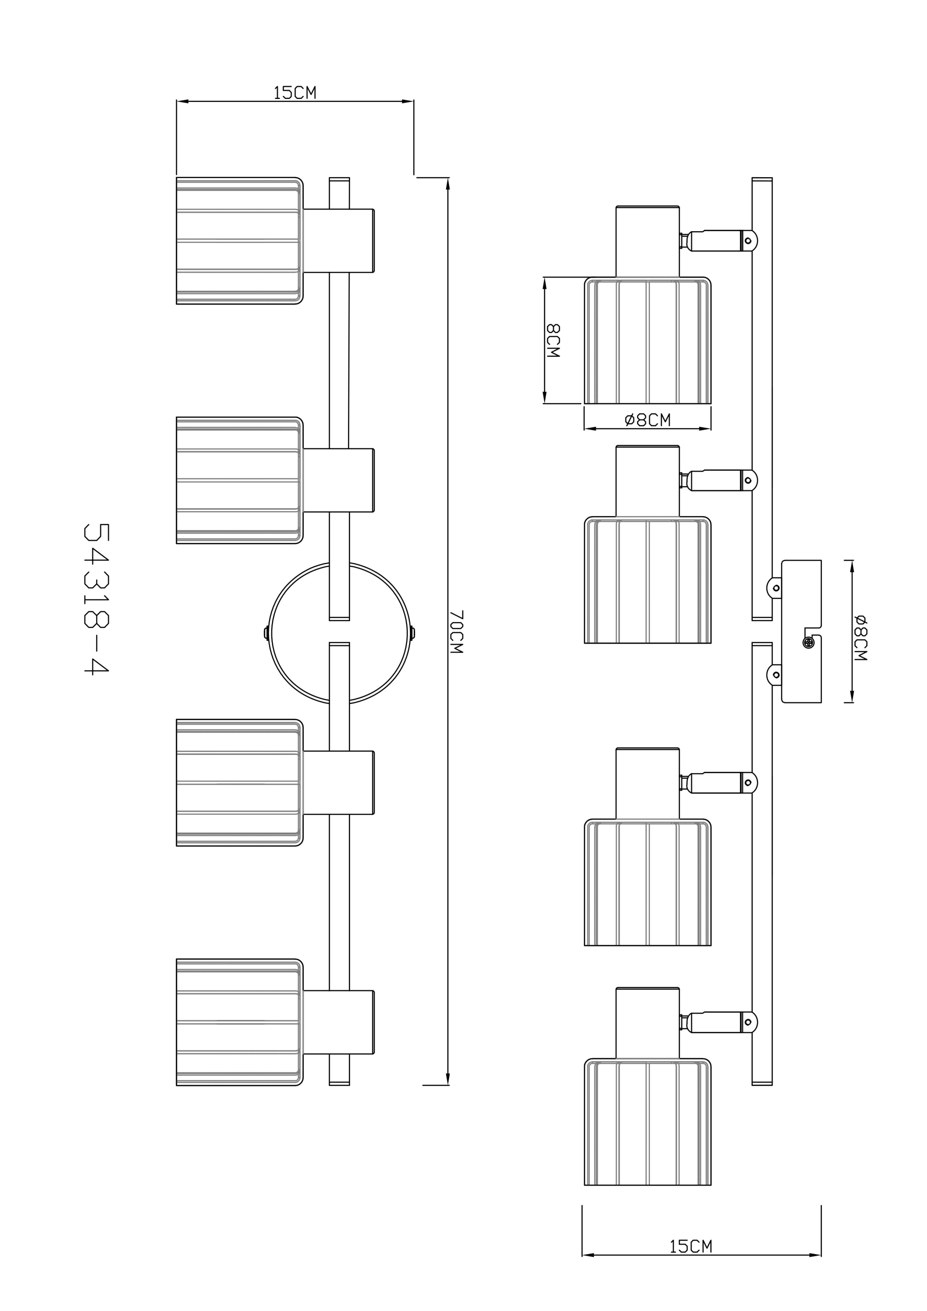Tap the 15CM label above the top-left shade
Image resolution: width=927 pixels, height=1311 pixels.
[295, 93]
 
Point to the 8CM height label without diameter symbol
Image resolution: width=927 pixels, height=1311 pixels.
[553, 341]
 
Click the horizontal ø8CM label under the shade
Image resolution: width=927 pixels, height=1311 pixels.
[648, 420]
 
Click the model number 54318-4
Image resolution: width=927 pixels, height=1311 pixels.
[97, 599]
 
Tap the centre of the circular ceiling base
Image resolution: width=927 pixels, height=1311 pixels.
[339, 633]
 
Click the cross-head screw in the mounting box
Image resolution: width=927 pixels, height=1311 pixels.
[808, 643]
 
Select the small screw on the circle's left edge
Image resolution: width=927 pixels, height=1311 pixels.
[266, 633]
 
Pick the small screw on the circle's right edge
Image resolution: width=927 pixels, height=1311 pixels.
[413, 633]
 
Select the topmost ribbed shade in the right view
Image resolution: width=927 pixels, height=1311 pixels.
[648, 340]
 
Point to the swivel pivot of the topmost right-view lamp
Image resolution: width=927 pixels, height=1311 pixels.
[748, 241]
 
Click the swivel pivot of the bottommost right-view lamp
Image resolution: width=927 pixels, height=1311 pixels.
[748, 1023]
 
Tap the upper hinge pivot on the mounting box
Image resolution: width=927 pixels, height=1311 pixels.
[776, 588]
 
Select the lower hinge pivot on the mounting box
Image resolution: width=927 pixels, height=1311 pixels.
[776, 675]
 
